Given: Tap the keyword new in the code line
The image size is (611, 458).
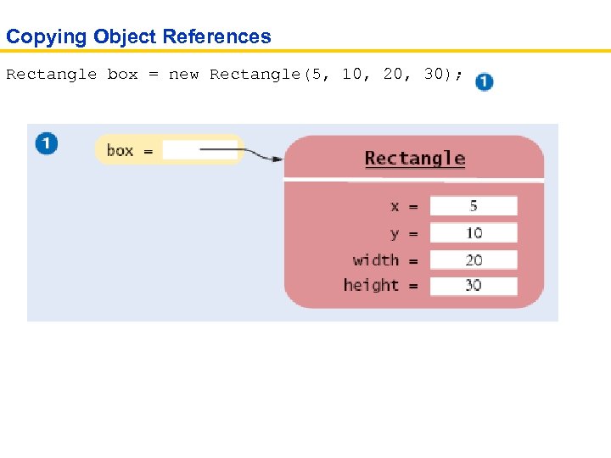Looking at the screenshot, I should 183,75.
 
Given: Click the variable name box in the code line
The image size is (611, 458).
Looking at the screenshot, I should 122,75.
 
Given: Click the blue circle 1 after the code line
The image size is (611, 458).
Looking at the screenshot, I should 484,82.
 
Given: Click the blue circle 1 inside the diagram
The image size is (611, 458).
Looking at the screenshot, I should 47,143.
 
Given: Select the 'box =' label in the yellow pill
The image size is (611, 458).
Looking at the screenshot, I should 129,151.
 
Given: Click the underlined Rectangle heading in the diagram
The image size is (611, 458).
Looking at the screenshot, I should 415,159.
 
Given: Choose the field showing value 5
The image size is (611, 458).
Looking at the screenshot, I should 473,206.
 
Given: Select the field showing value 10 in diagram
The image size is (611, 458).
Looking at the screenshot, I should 473,232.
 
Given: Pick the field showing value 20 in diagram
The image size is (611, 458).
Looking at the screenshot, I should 473,260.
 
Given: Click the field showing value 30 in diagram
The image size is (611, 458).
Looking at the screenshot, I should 473,286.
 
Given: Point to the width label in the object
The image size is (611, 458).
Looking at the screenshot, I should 375,260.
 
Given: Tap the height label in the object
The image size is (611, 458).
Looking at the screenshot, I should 371,286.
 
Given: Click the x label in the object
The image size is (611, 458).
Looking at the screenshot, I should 395,206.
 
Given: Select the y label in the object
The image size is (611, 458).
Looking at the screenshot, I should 395,233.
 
